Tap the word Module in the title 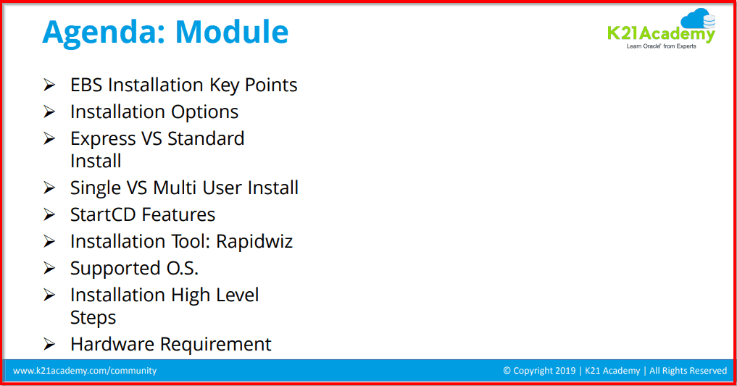click(232, 31)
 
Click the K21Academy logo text click(661, 34)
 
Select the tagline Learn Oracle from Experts click(661, 46)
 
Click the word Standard click(206, 138)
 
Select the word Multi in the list click(175, 188)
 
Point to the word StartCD click(104, 214)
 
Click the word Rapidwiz click(254, 242)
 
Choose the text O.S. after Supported click(183, 268)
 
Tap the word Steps click(93, 318)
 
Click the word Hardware click(113, 344)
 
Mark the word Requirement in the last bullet click(216, 345)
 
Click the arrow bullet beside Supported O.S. click(49, 268)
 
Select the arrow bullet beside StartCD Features click(49, 214)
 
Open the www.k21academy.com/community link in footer click(85, 371)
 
